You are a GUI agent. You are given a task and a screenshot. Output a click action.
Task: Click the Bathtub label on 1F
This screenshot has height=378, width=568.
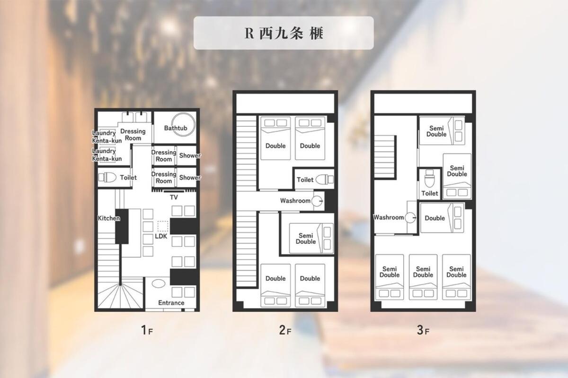[176, 128]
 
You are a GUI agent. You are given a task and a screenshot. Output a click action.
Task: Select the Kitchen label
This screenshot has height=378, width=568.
[109, 218]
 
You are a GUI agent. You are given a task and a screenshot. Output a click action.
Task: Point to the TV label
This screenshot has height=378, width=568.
[174, 197]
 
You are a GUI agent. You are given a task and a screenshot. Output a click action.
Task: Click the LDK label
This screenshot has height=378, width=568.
[161, 236]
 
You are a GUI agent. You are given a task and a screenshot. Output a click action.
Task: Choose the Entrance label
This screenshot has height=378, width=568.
[171, 303]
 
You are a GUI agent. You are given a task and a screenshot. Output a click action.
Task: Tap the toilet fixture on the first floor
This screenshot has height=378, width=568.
[107, 178]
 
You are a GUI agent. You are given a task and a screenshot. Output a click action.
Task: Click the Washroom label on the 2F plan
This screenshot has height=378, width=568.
[295, 201]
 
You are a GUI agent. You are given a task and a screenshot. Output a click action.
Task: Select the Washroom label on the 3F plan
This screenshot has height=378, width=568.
[389, 217]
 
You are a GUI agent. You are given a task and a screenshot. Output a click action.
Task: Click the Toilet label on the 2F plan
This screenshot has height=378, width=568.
[305, 180]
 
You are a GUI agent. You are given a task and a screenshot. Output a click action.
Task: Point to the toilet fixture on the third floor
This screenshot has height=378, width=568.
[429, 178]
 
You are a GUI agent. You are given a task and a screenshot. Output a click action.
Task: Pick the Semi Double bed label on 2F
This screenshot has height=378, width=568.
[306, 239]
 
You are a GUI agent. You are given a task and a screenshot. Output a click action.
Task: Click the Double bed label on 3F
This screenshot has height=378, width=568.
[435, 218]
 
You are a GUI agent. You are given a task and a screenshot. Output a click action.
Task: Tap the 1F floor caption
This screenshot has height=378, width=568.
[147, 330]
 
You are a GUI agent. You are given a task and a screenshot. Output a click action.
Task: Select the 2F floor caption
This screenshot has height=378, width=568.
[285, 330]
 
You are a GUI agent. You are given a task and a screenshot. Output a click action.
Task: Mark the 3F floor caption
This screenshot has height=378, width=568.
[423, 330]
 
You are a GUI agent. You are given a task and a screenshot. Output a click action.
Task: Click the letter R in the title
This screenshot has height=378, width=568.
[249, 33]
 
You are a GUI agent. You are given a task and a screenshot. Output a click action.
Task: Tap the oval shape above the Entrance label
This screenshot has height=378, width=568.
[159, 283]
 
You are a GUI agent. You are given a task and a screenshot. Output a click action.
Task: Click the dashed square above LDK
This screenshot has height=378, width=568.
[162, 226]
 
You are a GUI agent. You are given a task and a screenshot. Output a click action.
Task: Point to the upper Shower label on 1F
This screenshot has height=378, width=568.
[190, 155]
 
